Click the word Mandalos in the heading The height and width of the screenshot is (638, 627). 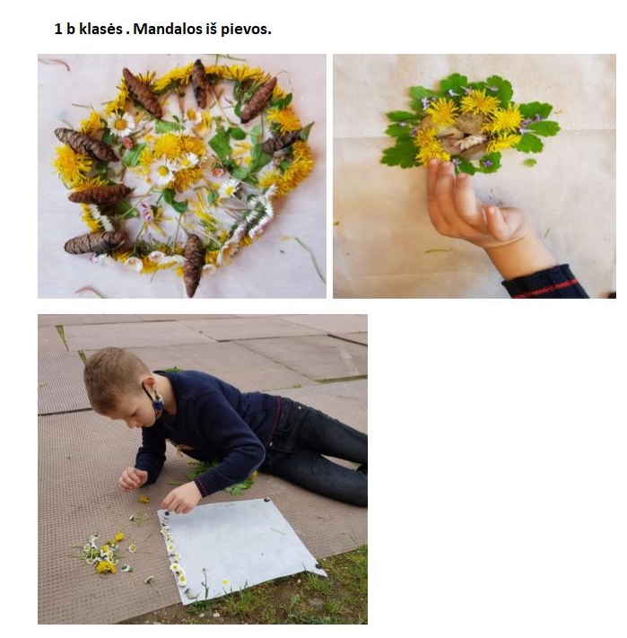[x=167, y=29]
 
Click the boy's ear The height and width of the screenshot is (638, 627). [x=150, y=385]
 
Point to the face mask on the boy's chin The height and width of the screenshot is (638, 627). [x=157, y=404]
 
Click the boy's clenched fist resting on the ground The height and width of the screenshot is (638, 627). [x=131, y=478]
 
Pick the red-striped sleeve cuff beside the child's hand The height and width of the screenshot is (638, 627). [x=544, y=283]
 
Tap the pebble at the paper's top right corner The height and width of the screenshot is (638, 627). [x=266, y=500]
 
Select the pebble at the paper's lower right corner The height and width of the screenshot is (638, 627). [x=318, y=566]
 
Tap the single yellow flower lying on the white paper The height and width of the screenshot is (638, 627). [x=226, y=581]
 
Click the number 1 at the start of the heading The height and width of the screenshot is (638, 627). [x=58, y=29]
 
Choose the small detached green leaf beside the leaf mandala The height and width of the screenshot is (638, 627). [x=529, y=162]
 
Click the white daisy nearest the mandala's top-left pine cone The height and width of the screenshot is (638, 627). [x=121, y=124]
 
